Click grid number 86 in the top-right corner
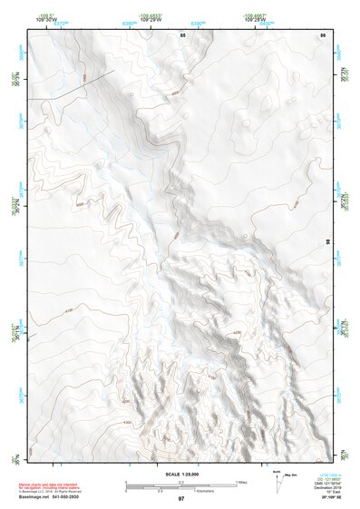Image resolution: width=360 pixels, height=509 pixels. tap(322, 34)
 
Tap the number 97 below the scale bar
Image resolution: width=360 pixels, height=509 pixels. tap(181, 498)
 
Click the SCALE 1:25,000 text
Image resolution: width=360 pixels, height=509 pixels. tap(180, 475)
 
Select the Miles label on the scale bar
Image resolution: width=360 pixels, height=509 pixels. tap(241, 481)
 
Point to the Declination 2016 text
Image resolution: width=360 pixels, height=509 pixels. tap(331, 487)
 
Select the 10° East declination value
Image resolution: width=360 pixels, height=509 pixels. tap(331, 492)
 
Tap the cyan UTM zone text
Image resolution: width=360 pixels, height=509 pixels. tap(331, 475)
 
